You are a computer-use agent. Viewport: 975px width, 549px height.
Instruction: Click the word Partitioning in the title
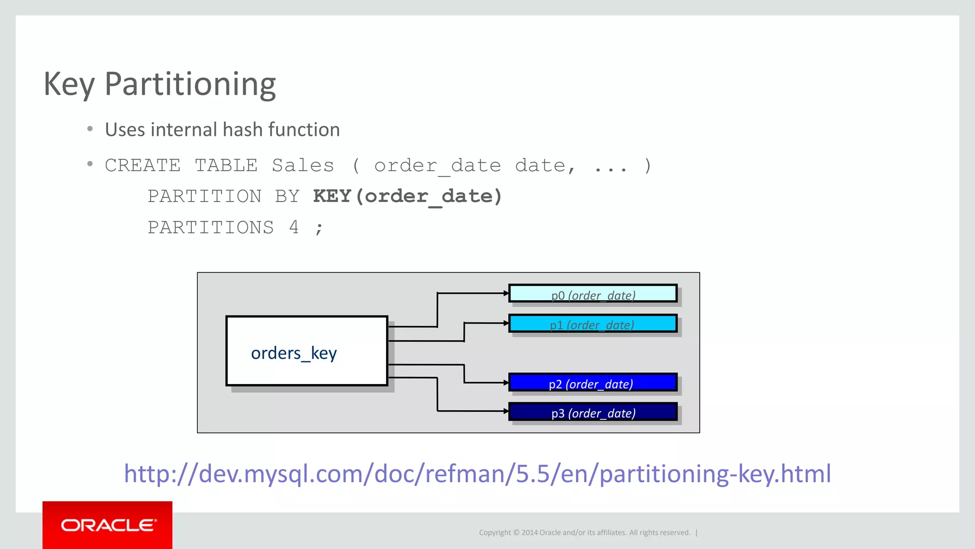(190, 84)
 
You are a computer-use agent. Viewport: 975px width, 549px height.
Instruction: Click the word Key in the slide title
(69, 84)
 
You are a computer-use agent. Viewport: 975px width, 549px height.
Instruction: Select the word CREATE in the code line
(142, 166)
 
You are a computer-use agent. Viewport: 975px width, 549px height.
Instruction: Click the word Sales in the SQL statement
(303, 166)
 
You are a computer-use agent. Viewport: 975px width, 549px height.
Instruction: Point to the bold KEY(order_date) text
(408, 196)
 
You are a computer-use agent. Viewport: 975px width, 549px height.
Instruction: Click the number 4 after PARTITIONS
(294, 227)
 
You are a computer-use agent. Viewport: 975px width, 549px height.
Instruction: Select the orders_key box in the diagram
(307, 351)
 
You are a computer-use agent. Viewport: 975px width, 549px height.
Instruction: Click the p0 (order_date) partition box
(593, 294)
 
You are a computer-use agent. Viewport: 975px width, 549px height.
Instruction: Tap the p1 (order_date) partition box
(593, 323)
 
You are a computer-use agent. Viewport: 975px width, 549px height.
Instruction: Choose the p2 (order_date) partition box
(593, 383)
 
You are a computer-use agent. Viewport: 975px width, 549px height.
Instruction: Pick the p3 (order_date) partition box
(593, 412)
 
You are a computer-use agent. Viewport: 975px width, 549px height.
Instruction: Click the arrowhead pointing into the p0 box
(506, 293)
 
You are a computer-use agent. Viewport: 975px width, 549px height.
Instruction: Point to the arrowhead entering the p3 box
(506, 411)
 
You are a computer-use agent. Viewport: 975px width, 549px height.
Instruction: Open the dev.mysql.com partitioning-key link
(477, 474)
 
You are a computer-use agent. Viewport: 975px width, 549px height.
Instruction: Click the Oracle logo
(108, 525)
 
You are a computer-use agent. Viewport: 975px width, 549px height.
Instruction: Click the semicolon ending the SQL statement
(319, 228)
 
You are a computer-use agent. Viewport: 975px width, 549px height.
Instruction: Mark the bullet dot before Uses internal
(90, 129)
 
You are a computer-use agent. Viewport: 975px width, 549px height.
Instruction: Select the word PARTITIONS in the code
(210, 227)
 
